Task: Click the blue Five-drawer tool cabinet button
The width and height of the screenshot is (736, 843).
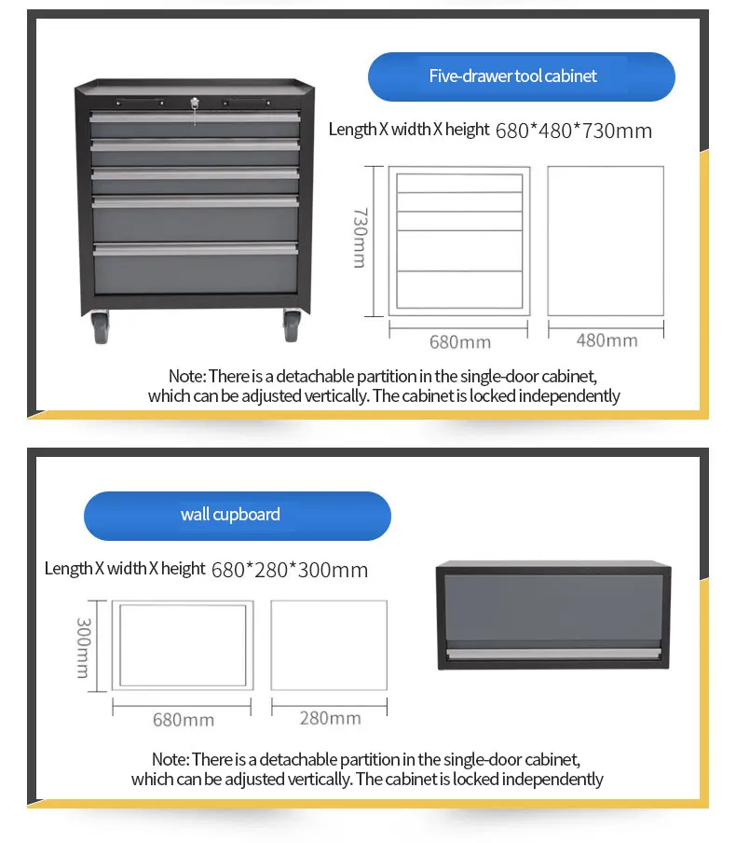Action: coord(521,76)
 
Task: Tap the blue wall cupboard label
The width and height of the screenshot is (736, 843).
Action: coord(237,515)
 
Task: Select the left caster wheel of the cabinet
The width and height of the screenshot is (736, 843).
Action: coord(102,328)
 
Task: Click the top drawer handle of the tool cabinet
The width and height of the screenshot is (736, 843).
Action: coord(194,117)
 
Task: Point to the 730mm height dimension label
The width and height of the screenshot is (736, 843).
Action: coord(360,238)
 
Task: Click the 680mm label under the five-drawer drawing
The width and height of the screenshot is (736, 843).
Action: coord(459,341)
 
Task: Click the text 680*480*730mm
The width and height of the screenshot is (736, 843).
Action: coord(573,131)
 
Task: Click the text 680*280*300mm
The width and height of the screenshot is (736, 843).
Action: coord(289,570)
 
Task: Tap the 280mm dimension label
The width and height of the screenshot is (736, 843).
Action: coord(330,718)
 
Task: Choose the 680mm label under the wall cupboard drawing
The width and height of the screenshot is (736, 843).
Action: coord(183,719)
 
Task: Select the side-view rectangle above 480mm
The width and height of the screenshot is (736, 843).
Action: coord(605,241)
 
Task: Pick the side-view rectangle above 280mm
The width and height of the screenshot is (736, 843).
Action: coord(329,645)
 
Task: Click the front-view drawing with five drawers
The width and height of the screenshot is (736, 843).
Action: coord(459,242)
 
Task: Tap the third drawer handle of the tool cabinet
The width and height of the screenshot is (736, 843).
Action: coord(194,173)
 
